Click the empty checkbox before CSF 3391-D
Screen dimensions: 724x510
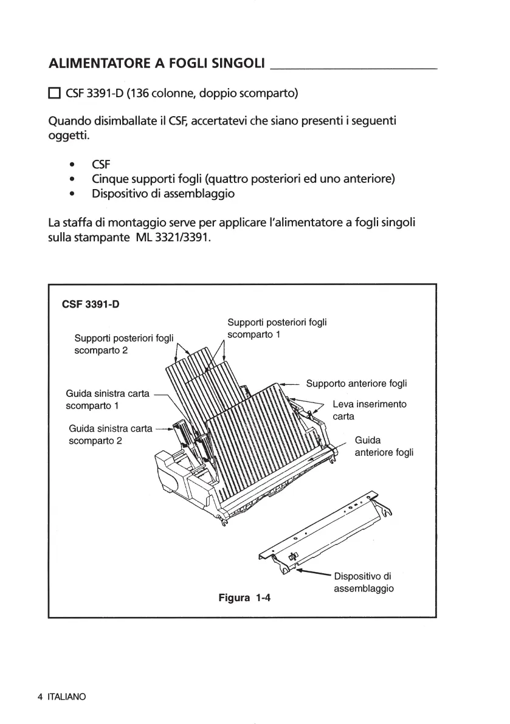[x=53, y=94]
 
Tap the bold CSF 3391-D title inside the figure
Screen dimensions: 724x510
[x=91, y=304]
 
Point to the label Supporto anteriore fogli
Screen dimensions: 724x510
[x=356, y=384]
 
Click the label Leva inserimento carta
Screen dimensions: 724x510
[x=370, y=410]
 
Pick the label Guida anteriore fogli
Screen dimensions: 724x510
[x=384, y=446]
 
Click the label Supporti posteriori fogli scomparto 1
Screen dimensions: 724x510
[x=277, y=328]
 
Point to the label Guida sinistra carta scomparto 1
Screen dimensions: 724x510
[x=108, y=399]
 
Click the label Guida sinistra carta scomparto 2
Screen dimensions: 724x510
[x=111, y=435]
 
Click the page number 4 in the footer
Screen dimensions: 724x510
[x=40, y=697]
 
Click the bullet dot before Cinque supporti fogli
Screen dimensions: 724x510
[x=72, y=179]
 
